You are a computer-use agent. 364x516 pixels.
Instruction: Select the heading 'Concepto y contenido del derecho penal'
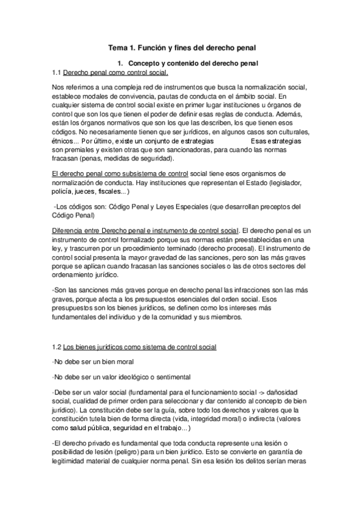(x=193, y=63)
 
